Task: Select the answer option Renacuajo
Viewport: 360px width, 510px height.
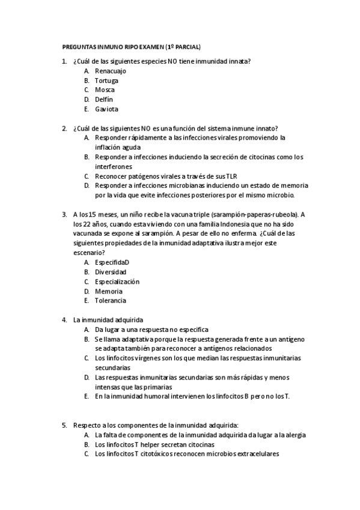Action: pyautogui.click(x=111, y=70)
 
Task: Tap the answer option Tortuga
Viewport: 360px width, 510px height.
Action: pyautogui.click(x=106, y=80)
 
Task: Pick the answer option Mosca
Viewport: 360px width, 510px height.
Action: pyautogui.click(x=105, y=90)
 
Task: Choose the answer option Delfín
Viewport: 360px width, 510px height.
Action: pyautogui.click(x=103, y=99)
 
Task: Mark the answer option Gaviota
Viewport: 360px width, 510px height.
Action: pyautogui.click(x=106, y=109)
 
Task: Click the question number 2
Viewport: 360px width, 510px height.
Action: pyautogui.click(x=64, y=127)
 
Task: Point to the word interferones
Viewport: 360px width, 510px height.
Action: pyautogui.click(x=113, y=166)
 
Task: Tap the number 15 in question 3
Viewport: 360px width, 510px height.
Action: pyautogui.click(x=93, y=214)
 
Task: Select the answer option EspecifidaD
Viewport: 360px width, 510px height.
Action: pyautogui.click(x=112, y=262)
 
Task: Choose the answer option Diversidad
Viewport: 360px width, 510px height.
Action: pyautogui.click(x=111, y=272)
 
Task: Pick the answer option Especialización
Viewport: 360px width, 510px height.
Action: pyautogui.click(x=117, y=281)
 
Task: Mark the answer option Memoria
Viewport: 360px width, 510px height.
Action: pyautogui.click(x=109, y=291)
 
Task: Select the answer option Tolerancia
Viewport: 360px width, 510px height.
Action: pyautogui.click(x=111, y=301)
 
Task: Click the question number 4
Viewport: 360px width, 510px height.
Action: pyautogui.click(x=64, y=319)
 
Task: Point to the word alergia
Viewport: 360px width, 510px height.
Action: pyautogui.click(x=294, y=435)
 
